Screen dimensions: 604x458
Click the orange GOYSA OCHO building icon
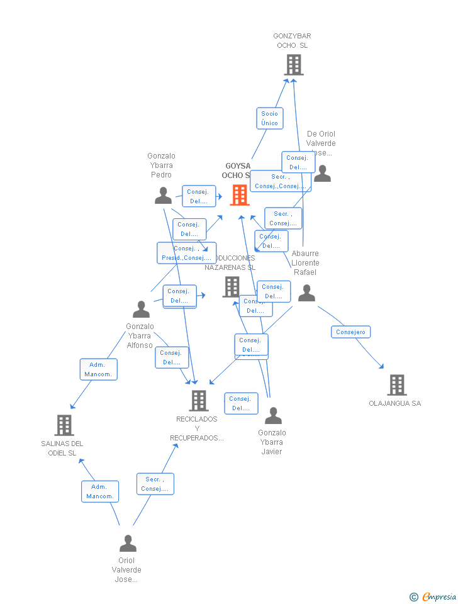click(x=240, y=195)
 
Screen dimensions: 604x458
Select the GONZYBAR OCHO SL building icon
click(x=293, y=65)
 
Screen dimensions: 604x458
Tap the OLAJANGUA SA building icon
click(x=396, y=385)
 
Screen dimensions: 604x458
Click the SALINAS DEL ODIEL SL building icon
click(x=64, y=425)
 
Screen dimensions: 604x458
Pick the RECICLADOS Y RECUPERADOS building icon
click(x=199, y=401)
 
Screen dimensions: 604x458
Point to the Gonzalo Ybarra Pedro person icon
click(x=163, y=196)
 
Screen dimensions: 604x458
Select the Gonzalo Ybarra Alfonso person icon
click(x=141, y=310)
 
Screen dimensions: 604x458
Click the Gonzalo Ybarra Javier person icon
click(x=273, y=416)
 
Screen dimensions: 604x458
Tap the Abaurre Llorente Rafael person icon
click(x=306, y=293)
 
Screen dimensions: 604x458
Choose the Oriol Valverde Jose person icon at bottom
click(x=128, y=543)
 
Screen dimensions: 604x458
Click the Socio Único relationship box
click(x=270, y=118)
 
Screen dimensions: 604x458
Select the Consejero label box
click(x=351, y=332)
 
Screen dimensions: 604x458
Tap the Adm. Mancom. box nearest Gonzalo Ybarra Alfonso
click(x=99, y=369)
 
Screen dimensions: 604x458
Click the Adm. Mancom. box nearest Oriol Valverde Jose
click(x=100, y=491)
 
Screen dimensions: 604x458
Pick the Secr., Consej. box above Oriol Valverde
click(x=155, y=484)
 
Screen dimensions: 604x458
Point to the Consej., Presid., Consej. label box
click(x=186, y=253)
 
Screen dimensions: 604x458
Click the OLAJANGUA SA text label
click(x=395, y=404)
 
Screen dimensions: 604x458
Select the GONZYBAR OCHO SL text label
click(x=292, y=41)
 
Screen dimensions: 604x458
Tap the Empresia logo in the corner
click(x=433, y=596)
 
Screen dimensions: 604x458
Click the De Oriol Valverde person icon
click(x=322, y=174)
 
